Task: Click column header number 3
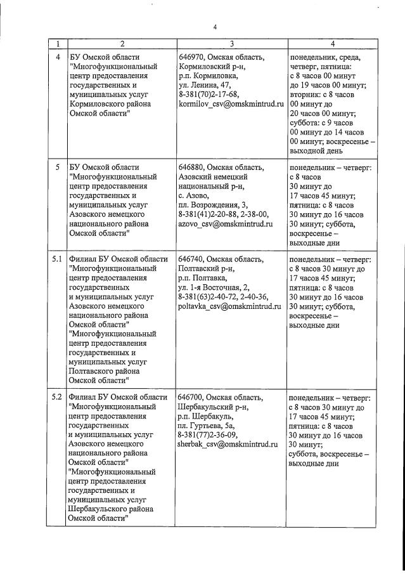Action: pos(231,44)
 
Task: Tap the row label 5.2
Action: pos(56,397)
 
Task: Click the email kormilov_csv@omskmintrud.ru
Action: pos(231,103)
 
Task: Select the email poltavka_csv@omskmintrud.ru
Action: pos(229,306)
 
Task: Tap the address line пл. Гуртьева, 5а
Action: pos(209,426)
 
